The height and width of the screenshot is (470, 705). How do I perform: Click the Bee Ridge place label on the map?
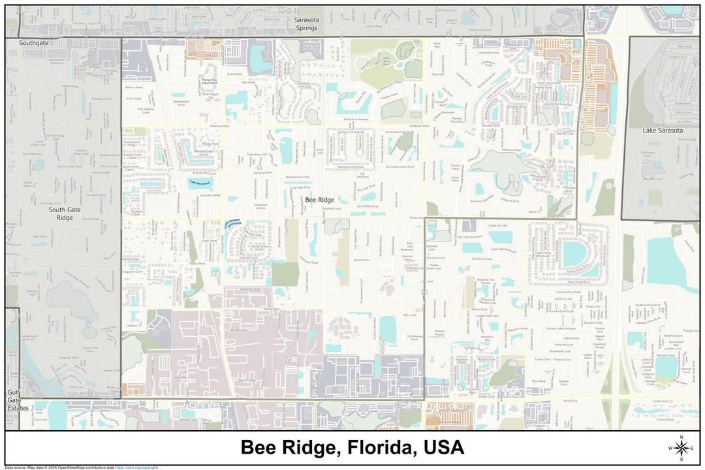pyautogui.click(x=320, y=200)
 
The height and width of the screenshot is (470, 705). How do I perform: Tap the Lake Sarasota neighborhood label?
pyautogui.click(x=663, y=131)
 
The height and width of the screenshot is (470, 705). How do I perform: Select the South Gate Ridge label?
pyautogui.click(x=65, y=213)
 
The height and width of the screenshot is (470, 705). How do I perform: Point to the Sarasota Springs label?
pyautogui.click(x=306, y=24)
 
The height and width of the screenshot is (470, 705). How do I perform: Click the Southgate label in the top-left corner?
pyautogui.click(x=33, y=43)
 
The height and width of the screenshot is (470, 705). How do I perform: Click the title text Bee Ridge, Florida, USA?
pyautogui.click(x=352, y=448)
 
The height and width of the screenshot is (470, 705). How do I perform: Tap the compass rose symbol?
pyautogui.click(x=681, y=448)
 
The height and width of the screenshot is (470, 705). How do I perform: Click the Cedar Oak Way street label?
pyautogui.click(x=498, y=226)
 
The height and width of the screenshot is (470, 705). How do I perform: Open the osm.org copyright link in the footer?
pyautogui.click(x=137, y=467)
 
